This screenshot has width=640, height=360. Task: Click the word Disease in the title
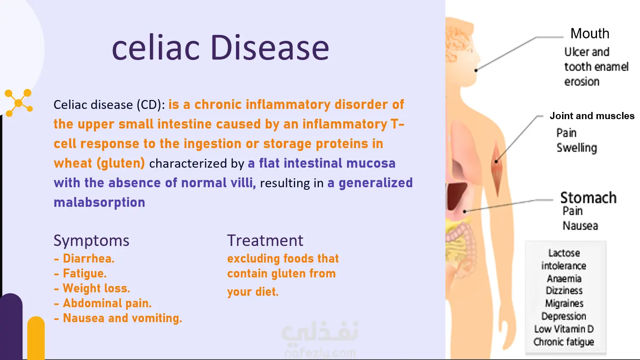[270, 47]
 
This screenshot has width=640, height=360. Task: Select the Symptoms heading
[92, 241]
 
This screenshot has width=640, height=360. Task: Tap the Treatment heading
[265, 240]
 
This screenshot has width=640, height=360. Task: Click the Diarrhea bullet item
[84, 258]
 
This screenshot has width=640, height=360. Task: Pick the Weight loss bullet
[92, 289]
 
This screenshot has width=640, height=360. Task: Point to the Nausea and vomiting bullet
[118, 318]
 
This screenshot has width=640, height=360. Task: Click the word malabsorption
[100, 202]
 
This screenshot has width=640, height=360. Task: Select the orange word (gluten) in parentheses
[121, 163]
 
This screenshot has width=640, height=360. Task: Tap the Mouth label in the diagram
[590, 33]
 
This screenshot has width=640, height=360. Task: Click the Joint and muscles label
[592, 116]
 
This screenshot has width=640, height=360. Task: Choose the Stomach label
[588, 197]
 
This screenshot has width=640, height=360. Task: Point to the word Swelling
[577, 148]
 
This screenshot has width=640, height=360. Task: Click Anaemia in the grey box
[564, 278]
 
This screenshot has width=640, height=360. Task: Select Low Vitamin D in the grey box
[564, 329]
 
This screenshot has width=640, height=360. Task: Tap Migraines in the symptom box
[564, 303]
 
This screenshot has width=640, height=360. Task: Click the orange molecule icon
[19, 103]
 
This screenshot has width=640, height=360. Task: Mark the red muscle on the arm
[497, 169]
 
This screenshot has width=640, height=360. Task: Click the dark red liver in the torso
[456, 196]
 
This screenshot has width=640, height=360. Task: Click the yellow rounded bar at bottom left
[36, 338]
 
